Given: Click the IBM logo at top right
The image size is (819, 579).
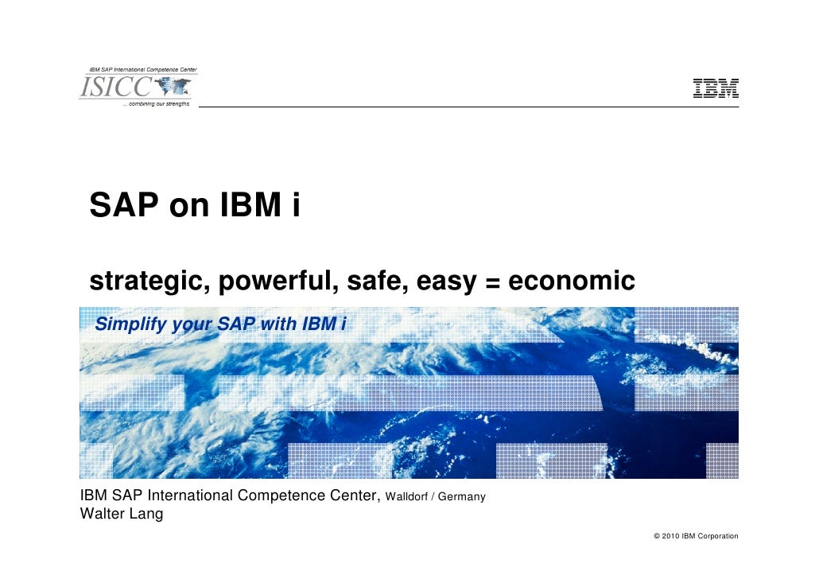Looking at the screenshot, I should pyautogui.click(x=716, y=89).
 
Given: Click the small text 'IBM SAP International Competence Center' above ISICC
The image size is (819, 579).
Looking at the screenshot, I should pyautogui.click(x=142, y=70).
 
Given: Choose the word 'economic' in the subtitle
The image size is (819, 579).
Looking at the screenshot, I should pyautogui.click(x=571, y=281).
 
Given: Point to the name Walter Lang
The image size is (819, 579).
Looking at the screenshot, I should pyautogui.click(x=122, y=514).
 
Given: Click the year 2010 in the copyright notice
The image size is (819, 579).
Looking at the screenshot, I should pyautogui.click(x=671, y=536).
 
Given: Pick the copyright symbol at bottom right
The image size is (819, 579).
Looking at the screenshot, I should pyautogui.click(x=657, y=536).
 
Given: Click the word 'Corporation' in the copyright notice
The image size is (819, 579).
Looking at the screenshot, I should pyautogui.click(x=718, y=536).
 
